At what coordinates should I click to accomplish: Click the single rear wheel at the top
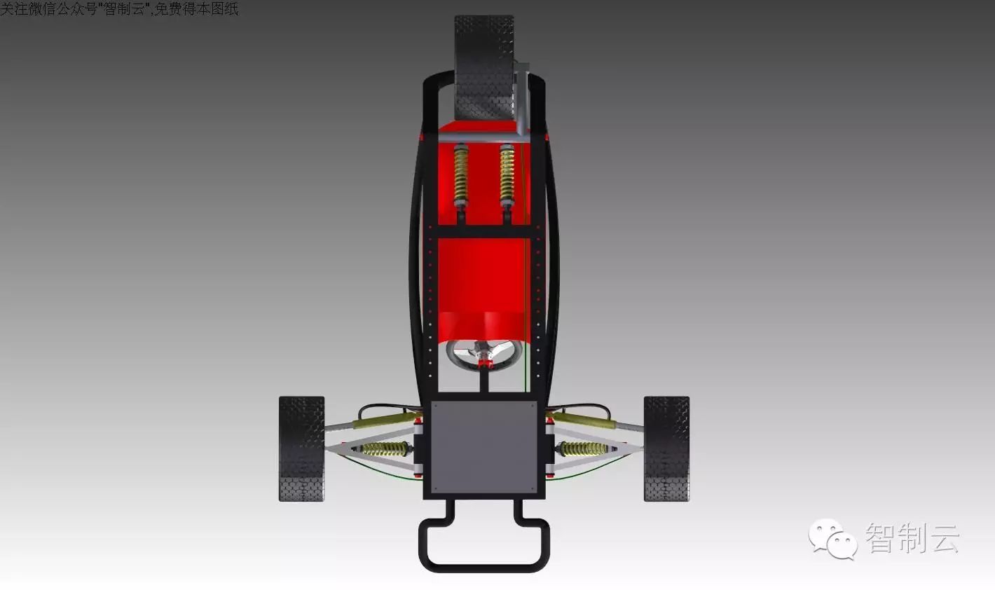click(x=483, y=67)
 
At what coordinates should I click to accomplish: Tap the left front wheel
click(x=301, y=448)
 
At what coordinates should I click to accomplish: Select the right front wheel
click(x=667, y=448)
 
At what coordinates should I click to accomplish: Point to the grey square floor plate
click(x=484, y=447)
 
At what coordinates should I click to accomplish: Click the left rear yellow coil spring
click(x=461, y=175)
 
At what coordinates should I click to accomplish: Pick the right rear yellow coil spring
click(x=507, y=175)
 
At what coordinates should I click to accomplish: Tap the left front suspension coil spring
click(x=384, y=448)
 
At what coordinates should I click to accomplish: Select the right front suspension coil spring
click(x=583, y=448)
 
